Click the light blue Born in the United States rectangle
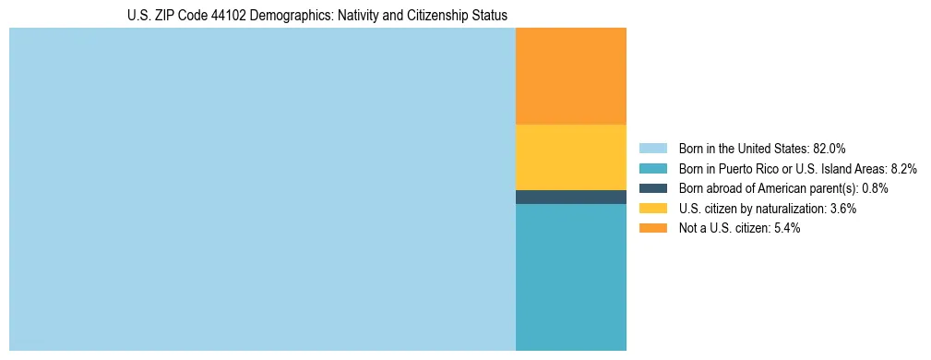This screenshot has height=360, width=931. [262, 189]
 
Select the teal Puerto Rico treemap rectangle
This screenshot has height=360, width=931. [570, 277]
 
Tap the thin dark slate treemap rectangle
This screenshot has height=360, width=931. [570, 197]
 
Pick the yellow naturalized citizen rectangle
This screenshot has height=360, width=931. [570, 157]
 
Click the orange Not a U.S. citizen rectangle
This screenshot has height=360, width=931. [570, 76]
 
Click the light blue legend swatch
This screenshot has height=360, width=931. [652, 148]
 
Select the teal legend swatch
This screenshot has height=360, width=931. [652, 168]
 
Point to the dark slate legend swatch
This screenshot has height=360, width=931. [652, 188]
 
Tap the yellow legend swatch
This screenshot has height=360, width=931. [652, 209]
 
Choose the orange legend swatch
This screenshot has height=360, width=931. [652, 228]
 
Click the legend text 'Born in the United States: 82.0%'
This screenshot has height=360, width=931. [762, 148]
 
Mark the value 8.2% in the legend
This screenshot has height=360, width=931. [903, 168]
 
